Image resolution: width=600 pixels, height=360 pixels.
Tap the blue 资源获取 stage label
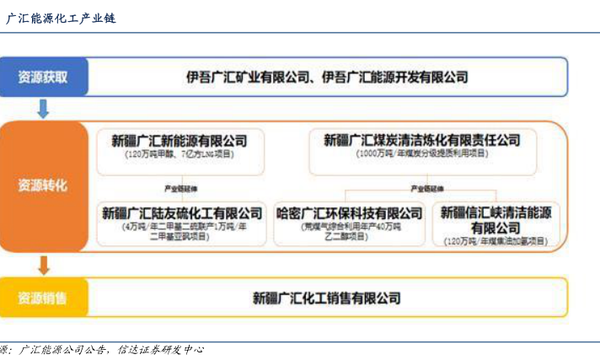[43, 78]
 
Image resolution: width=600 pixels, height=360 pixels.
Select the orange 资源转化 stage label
[43, 185]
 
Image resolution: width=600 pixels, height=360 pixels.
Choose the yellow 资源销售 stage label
[43, 298]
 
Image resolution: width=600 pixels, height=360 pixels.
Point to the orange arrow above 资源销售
[43, 266]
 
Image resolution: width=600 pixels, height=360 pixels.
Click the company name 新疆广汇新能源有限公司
[179, 140]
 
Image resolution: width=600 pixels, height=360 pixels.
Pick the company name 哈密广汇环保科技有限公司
[350, 212]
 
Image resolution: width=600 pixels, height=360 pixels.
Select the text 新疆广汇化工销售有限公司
[327, 298]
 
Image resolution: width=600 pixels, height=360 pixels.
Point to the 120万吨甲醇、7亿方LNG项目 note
[179, 154]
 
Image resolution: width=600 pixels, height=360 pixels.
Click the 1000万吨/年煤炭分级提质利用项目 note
[421, 154]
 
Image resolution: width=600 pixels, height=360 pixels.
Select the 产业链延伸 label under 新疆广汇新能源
[179, 188]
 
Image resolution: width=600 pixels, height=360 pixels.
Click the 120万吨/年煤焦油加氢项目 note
[496, 242]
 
